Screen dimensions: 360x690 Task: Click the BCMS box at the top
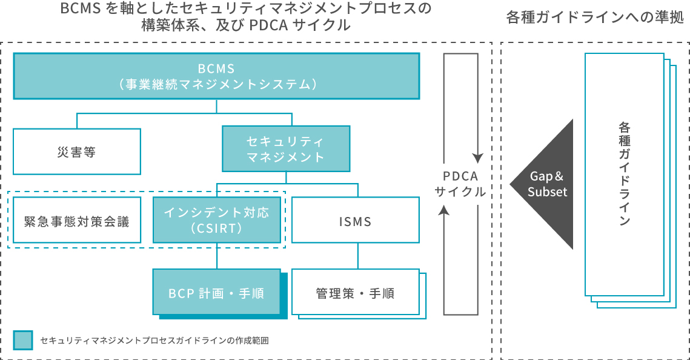point(216,76)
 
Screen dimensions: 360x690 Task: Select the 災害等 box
point(76,152)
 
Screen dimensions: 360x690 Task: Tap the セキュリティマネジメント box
point(285,148)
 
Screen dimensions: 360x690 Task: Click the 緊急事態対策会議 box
point(76,221)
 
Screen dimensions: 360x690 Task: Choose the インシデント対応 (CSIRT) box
point(216,220)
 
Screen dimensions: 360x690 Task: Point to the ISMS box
point(355,221)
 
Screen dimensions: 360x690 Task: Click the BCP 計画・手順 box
point(216,293)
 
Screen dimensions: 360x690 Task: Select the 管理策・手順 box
point(355,293)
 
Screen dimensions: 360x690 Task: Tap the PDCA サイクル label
point(460,184)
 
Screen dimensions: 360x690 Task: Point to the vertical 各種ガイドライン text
point(624,174)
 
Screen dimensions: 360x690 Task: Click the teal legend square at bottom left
point(22,340)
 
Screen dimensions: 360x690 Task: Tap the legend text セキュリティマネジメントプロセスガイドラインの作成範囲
point(154,341)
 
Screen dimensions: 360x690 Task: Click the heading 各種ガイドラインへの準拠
point(595,18)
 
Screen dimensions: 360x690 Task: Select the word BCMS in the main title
point(81,10)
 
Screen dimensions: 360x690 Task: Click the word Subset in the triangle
point(547,192)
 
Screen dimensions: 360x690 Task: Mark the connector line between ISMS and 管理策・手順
point(357,256)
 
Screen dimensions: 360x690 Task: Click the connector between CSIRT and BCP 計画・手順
point(216,256)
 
